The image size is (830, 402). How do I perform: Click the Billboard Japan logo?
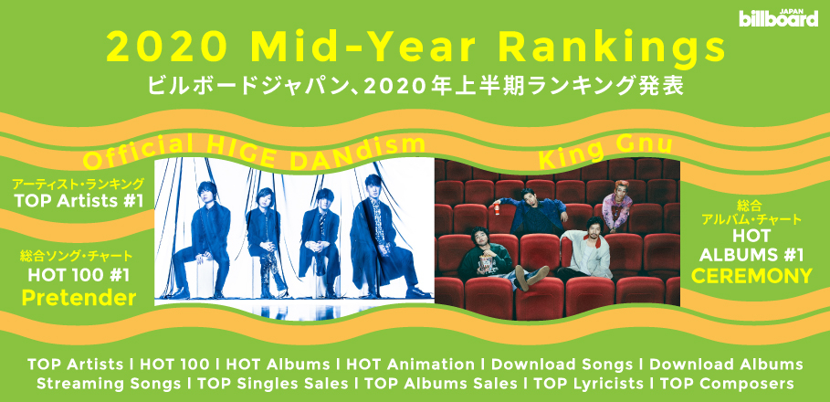point(779,18)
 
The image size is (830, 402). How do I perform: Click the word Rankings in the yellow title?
point(612,48)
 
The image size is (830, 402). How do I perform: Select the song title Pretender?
point(79,298)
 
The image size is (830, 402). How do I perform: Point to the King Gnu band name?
point(605,150)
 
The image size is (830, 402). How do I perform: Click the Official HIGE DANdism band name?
point(255,153)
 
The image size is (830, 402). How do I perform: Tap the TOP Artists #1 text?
point(79,201)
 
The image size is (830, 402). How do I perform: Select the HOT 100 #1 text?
point(79,275)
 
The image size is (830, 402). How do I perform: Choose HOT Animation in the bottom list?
point(410,365)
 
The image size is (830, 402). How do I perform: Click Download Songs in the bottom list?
point(562,365)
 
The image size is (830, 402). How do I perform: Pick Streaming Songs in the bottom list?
point(109,383)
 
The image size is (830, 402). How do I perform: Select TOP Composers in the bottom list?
point(727,383)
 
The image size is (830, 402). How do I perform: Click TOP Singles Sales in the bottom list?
point(273,383)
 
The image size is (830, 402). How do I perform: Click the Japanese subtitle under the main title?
point(415,85)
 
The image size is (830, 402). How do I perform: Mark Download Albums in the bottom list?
point(726,365)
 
